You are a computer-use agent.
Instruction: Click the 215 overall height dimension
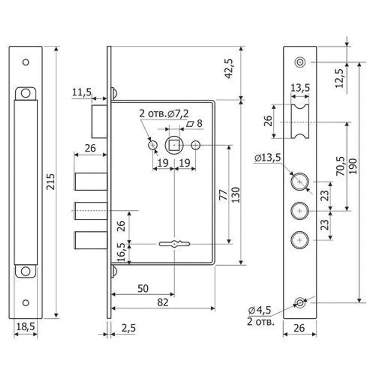pyautogui.click(x=51, y=181)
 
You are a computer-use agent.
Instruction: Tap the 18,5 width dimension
pyautogui.click(x=26, y=326)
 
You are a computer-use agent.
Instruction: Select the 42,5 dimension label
pyautogui.click(x=229, y=68)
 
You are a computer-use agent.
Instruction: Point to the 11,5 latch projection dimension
pyautogui.click(x=82, y=92)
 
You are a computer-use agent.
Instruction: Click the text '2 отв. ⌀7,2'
pyautogui.click(x=164, y=114)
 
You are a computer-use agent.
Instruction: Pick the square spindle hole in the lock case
pyautogui.click(x=174, y=145)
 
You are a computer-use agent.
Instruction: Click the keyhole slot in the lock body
pyautogui.click(x=174, y=244)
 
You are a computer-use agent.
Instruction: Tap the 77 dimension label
pyautogui.click(x=223, y=194)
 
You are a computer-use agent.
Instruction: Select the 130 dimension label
pyautogui.click(x=235, y=195)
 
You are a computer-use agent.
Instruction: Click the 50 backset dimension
pyautogui.click(x=143, y=288)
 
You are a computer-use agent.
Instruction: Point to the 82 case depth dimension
pyautogui.click(x=163, y=303)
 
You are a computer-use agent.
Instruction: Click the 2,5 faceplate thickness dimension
pyautogui.click(x=129, y=328)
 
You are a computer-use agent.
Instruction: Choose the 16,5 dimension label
pyautogui.click(x=121, y=252)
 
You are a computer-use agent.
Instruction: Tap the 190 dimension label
pyautogui.click(x=353, y=166)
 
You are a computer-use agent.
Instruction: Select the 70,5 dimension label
pyautogui.click(x=341, y=166)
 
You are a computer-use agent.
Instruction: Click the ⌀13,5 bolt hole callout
pyautogui.click(x=267, y=158)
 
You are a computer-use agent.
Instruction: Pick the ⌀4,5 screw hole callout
pyautogui.click(x=259, y=310)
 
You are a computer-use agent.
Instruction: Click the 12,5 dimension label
pyautogui.click(x=339, y=78)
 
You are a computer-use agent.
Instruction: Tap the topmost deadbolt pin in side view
pyautogui.click(x=91, y=181)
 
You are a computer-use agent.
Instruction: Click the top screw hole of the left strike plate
pyautogui.click(x=26, y=62)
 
